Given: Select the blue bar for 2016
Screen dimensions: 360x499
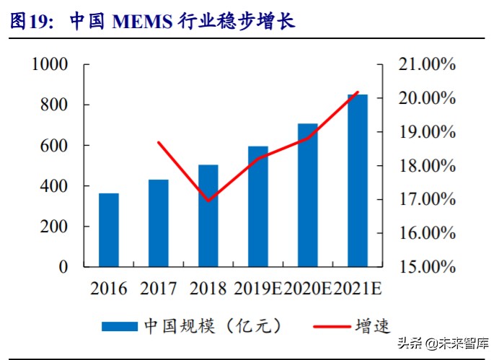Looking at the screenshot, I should (109, 230).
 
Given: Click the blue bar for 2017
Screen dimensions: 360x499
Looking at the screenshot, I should (159, 223).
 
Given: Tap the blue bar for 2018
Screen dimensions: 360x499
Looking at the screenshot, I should (208, 216).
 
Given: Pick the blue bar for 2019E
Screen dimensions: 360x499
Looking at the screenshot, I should (258, 206).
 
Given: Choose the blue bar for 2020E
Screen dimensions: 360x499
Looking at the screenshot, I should (308, 195).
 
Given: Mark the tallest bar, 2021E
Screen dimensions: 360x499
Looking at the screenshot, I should (358, 180).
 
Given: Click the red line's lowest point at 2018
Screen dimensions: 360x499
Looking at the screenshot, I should (208, 200).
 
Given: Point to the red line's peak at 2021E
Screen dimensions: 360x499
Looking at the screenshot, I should (358, 92).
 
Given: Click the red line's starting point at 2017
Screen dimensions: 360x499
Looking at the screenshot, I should (159, 142).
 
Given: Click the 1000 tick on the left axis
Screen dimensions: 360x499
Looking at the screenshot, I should (50, 64).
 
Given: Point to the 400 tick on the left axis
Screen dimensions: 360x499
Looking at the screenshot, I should (56, 186).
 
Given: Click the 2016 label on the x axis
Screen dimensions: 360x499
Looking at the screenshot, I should (109, 289).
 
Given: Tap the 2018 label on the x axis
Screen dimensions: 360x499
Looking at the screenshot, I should (208, 289).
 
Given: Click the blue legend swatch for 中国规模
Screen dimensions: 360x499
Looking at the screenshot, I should (119, 326).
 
